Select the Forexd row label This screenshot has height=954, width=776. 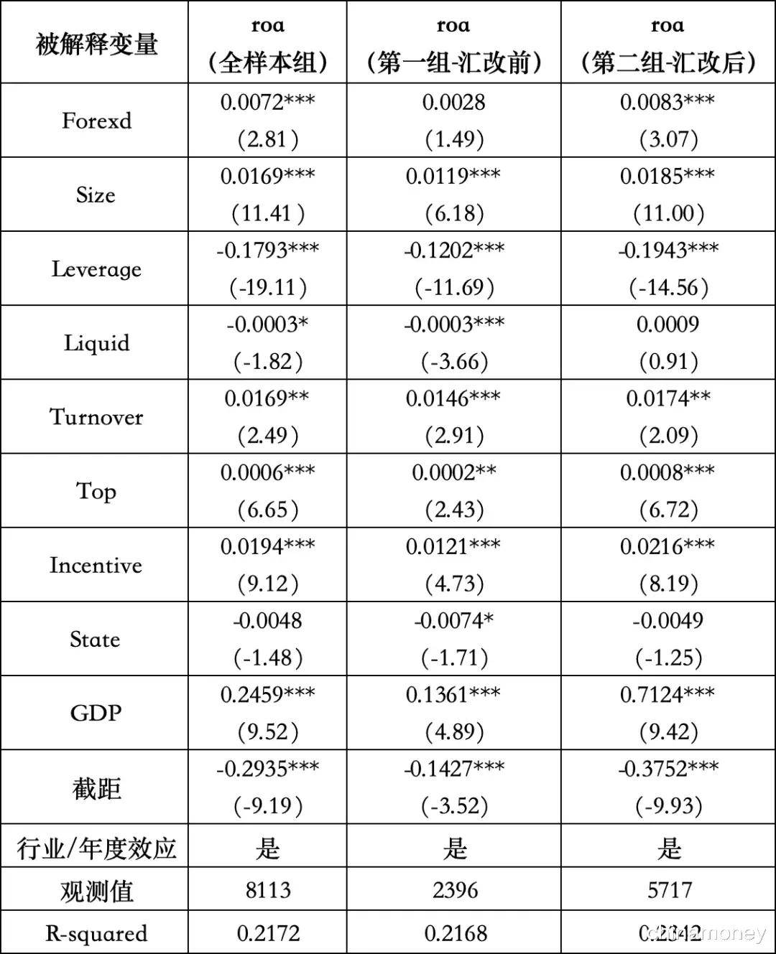click(96, 121)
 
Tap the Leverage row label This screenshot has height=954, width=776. click(96, 269)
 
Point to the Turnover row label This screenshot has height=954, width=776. click(96, 417)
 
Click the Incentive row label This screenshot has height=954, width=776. click(96, 565)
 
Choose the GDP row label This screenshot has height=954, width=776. click(96, 713)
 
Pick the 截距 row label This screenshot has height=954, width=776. click(96, 788)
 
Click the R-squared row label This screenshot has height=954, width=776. click(96, 933)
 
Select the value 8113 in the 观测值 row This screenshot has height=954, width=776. click(267, 890)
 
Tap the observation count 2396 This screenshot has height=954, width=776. click(454, 890)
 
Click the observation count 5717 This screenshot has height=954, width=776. click(669, 890)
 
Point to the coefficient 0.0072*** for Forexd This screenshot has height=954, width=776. click(267, 102)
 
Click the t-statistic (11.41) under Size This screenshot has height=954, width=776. click(267, 213)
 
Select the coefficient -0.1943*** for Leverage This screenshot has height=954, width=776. click(668, 251)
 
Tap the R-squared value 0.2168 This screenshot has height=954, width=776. click(455, 933)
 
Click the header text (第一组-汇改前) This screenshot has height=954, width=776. click(454, 63)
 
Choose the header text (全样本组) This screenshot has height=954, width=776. click(267, 63)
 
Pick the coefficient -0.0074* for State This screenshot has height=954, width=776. click(454, 620)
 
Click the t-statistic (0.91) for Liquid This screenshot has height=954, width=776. click(669, 361)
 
